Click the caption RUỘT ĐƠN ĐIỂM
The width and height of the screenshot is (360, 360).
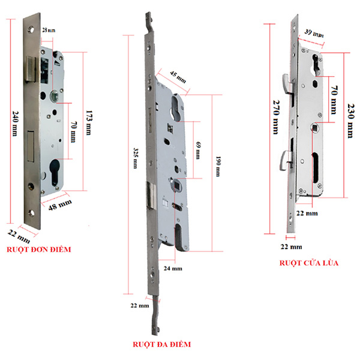coord(46,247)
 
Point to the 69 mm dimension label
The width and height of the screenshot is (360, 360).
coord(197,150)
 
